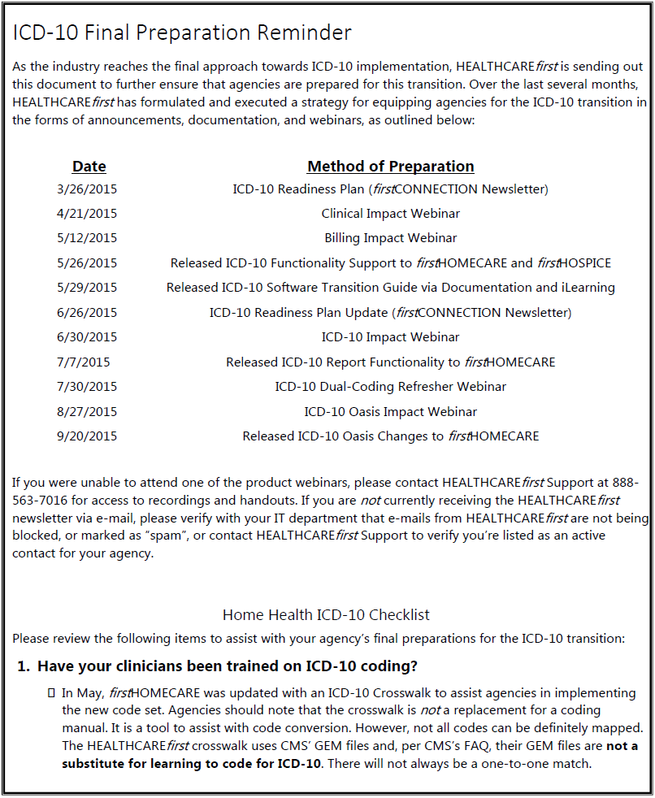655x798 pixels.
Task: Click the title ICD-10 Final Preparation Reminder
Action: (x=182, y=33)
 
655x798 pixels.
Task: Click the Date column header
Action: (x=89, y=167)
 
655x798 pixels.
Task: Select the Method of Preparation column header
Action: (x=390, y=167)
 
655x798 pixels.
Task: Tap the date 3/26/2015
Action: (x=87, y=189)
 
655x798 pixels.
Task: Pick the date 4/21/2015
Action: (x=87, y=214)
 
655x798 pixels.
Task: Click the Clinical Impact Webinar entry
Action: (x=390, y=214)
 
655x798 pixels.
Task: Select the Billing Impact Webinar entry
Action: (x=390, y=238)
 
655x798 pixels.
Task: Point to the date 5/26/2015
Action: (x=87, y=263)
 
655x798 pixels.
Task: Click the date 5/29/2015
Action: (x=87, y=288)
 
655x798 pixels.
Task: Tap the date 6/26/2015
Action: (x=87, y=313)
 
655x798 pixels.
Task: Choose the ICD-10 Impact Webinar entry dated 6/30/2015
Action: (x=390, y=337)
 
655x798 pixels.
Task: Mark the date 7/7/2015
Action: (x=84, y=362)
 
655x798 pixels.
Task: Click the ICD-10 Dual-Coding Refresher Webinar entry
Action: (x=390, y=387)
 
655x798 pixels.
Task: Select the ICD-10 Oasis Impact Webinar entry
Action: (x=390, y=412)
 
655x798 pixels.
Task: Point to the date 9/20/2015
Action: (x=87, y=436)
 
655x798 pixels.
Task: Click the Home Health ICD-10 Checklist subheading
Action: (x=326, y=615)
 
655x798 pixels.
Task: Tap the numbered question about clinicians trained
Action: (x=228, y=667)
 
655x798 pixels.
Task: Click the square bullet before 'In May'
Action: (x=51, y=693)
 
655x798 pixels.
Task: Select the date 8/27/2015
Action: (x=87, y=412)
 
